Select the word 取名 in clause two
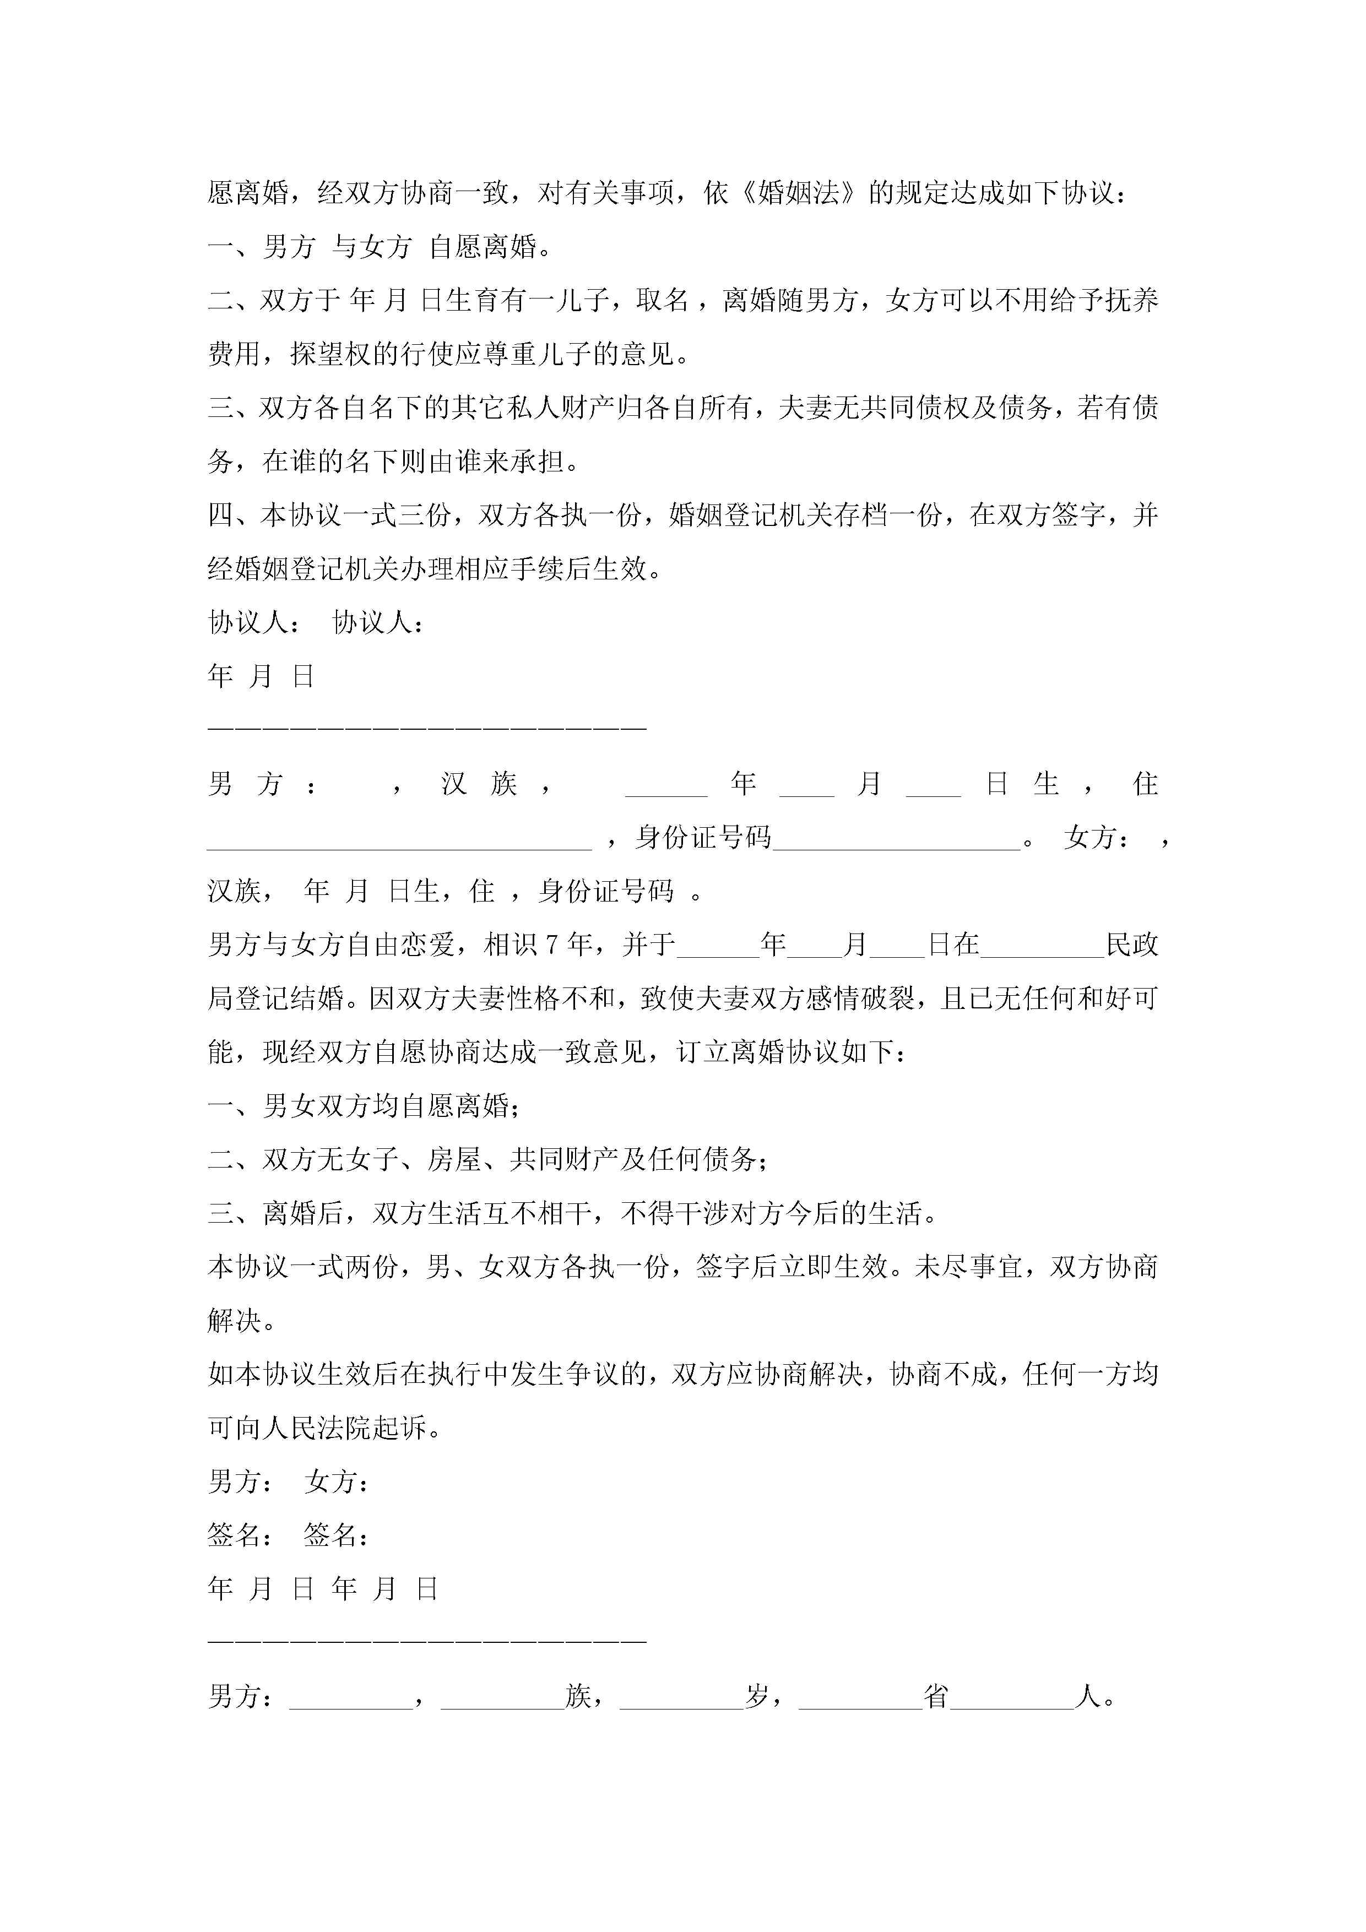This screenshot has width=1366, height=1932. pos(663,300)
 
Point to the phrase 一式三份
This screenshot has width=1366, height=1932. pos(397,514)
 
